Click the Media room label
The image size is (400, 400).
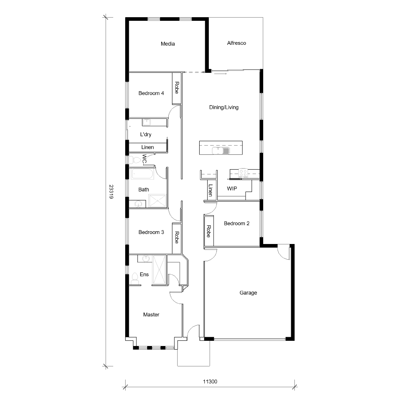tap(168, 44)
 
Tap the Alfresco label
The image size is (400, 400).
tap(236, 43)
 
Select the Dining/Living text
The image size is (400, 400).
tap(224, 107)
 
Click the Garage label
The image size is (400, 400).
tap(248, 293)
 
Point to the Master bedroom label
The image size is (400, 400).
tap(151, 315)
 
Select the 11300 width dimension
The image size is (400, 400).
tap(210, 382)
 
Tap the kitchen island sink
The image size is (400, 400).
tap(220, 150)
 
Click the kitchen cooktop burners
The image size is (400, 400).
tap(243, 173)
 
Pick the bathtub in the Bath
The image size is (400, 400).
tap(142, 175)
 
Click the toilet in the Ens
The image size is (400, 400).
tap(134, 279)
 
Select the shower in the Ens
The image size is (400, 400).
tap(159, 270)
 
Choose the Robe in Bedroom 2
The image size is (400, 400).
tap(208, 231)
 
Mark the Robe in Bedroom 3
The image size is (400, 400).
tap(176, 238)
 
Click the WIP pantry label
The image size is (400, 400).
tap(232, 188)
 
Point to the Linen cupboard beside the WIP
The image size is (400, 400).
tap(210, 190)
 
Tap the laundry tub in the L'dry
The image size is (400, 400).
tap(147, 122)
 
